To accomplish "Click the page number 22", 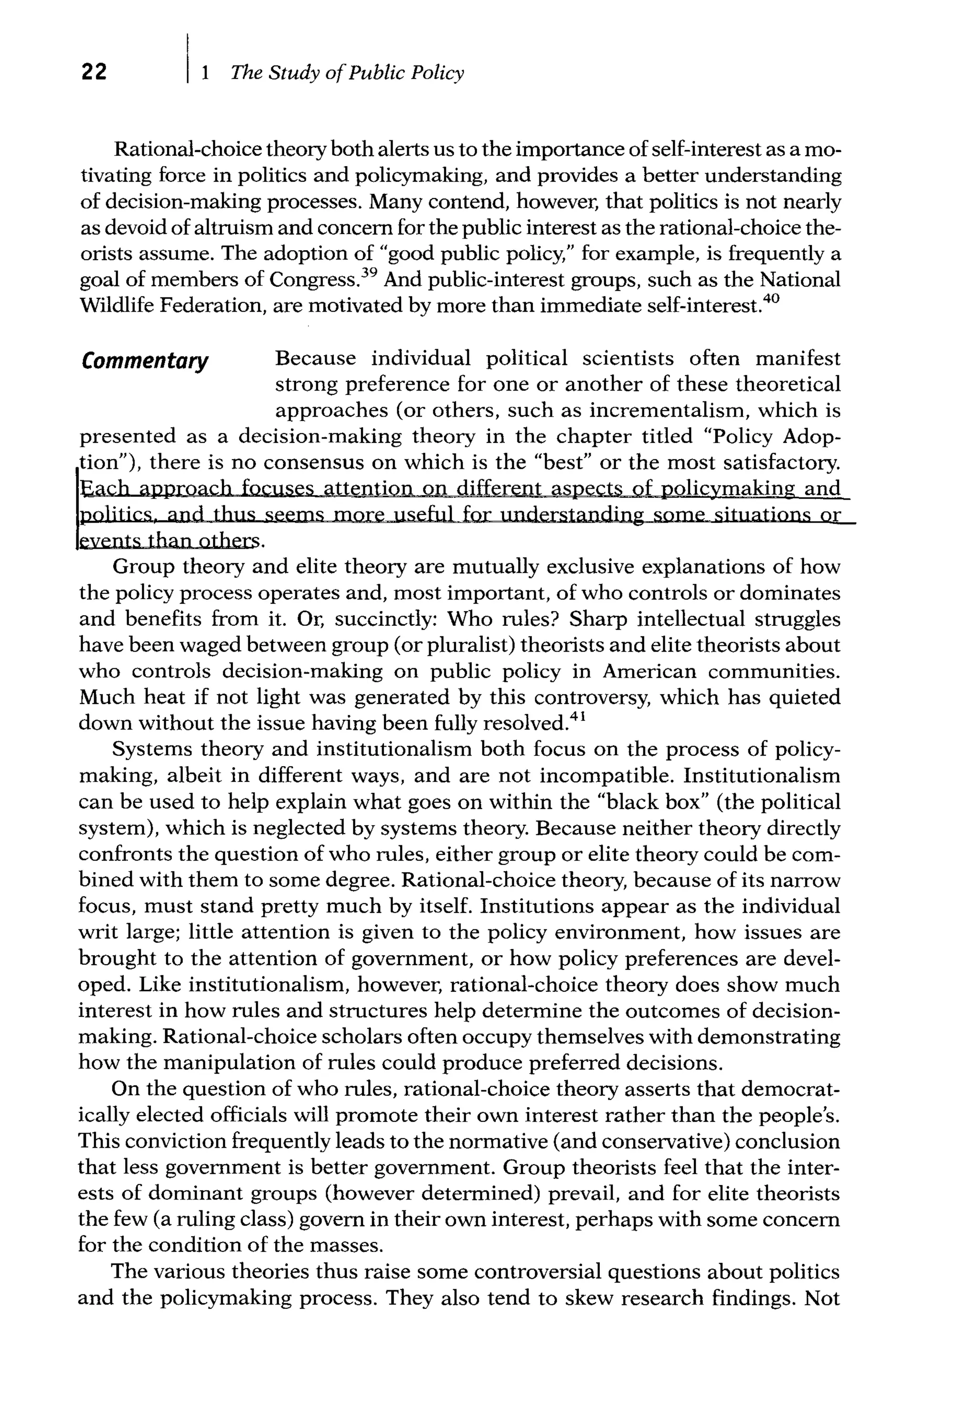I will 94,72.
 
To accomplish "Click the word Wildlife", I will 117,305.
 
